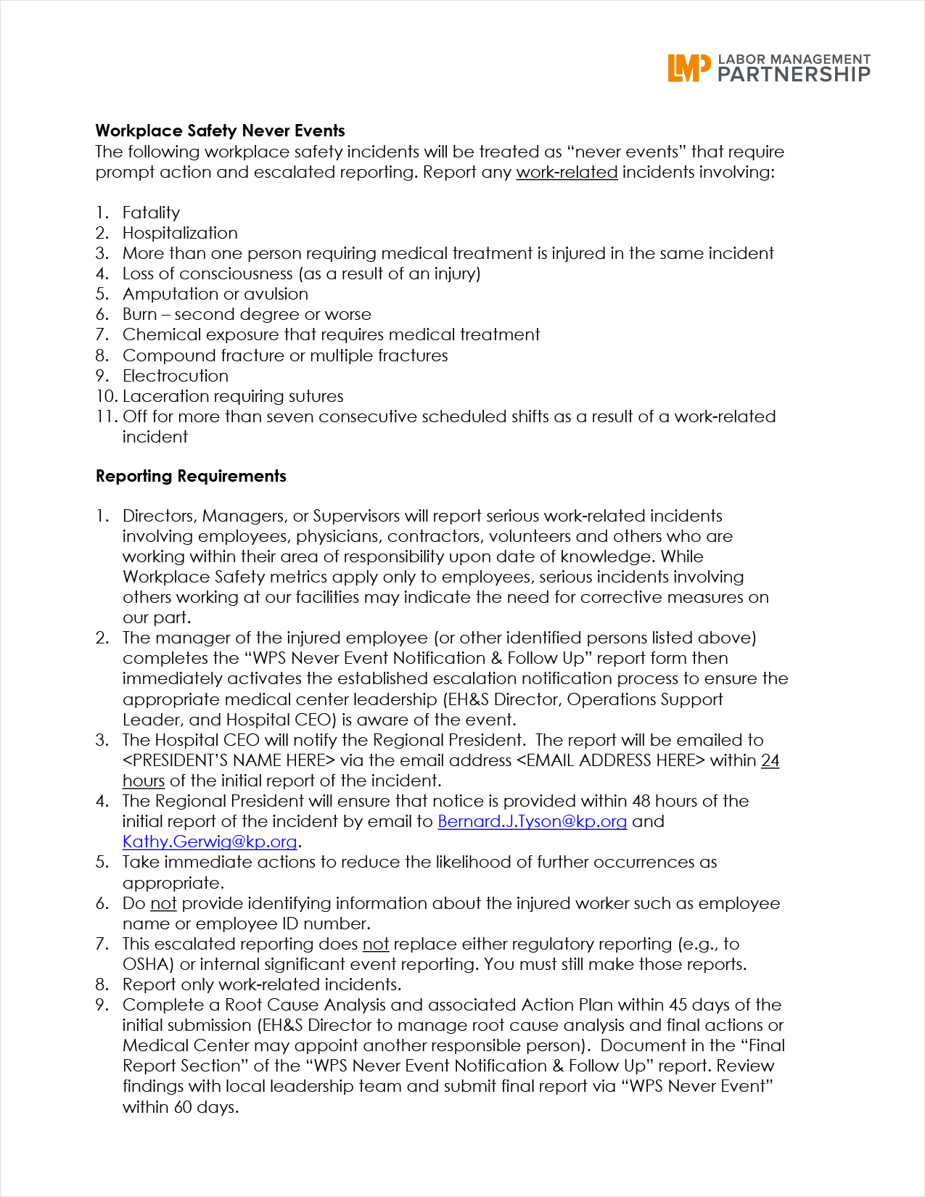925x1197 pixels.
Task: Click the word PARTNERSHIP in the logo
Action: click(794, 74)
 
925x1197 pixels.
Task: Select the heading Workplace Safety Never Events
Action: click(220, 131)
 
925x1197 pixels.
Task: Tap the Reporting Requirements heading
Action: click(191, 476)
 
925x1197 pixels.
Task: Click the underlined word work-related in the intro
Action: click(567, 172)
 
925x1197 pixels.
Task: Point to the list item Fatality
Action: click(151, 213)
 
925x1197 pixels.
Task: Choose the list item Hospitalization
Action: click(180, 233)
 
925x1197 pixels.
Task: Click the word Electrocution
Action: click(176, 376)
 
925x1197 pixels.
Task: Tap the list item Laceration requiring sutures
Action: click(233, 396)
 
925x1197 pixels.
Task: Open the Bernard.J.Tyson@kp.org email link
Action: click(532, 821)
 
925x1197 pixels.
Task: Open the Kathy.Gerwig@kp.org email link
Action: click(210, 842)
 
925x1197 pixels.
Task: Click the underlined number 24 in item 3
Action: click(770, 760)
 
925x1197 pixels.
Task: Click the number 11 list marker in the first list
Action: click(106, 416)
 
